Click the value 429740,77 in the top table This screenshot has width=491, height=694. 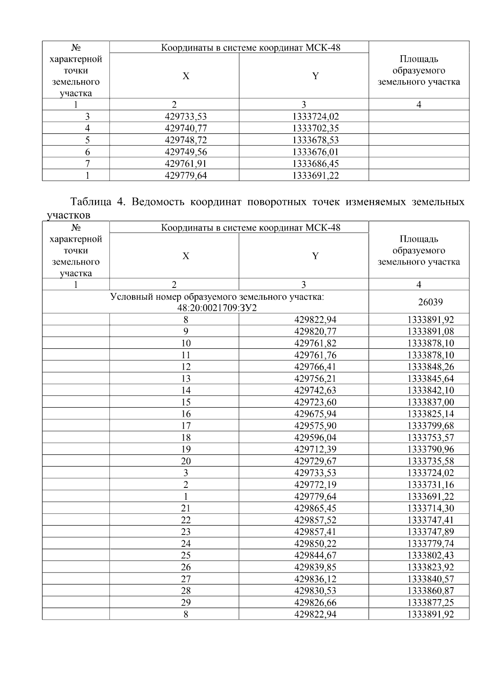click(x=186, y=128)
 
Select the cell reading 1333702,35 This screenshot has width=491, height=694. click(x=315, y=128)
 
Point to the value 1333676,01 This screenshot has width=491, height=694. click(x=315, y=152)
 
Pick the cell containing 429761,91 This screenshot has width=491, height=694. click(x=186, y=164)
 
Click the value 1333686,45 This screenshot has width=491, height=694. click(x=315, y=164)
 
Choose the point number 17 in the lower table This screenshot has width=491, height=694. click(x=186, y=426)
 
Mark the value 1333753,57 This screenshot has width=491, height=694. click(x=430, y=438)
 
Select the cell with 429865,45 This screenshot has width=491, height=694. click(x=315, y=508)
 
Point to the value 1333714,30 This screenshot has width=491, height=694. click(x=430, y=508)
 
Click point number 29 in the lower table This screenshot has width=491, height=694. click(x=186, y=602)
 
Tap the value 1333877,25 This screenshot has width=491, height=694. click(x=430, y=602)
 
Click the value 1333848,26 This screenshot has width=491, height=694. click(x=430, y=367)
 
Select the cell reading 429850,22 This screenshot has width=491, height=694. click(x=315, y=544)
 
